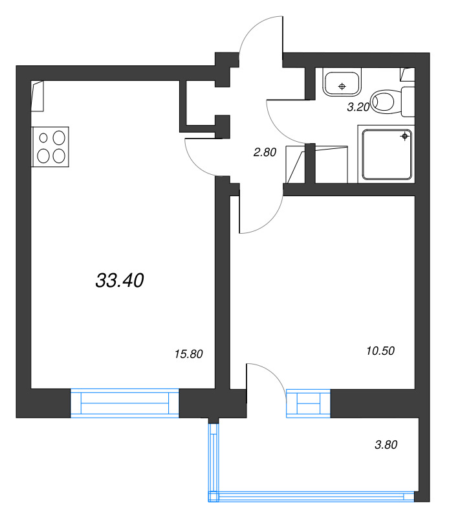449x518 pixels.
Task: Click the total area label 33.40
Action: [x=120, y=281]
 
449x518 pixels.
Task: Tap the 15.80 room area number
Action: [x=188, y=354]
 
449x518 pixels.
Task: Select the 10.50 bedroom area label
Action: [x=380, y=351]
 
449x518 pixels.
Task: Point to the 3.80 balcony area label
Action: [x=386, y=445]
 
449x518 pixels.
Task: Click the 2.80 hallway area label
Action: [x=265, y=152]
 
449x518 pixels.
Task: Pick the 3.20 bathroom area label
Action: [x=358, y=107]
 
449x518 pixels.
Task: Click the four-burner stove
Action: [x=50, y=147]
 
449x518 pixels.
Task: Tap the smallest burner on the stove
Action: [x=43, y=138]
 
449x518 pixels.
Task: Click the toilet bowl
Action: [x=383, y=101]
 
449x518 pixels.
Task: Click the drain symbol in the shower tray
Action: [x=405, y=136]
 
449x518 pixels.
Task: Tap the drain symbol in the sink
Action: [x=342, y=87]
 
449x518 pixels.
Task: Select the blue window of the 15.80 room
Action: [x=125, y=403]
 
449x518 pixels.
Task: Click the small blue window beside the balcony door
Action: [x=308, y=403]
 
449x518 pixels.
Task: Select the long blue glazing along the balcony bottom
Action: [x=311, y=497]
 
